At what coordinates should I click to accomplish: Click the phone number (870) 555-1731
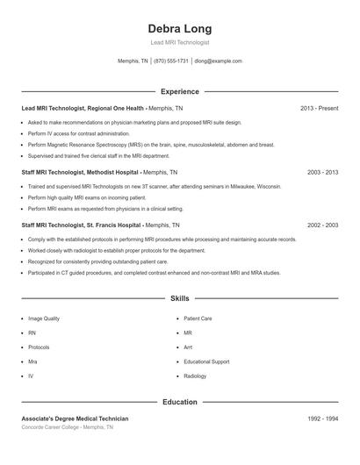pos(171,61)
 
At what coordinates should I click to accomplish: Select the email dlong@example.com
pos(219,61)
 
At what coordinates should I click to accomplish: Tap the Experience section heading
pos(179,91)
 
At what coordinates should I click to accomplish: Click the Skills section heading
pos(179,299)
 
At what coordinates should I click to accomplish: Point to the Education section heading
pos(179,403)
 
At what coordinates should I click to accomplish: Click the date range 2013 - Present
pos(319,108)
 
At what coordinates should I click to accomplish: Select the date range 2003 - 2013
pos(323,173)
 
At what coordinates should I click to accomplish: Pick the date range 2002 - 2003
pos(323,225)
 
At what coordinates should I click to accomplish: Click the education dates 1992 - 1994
pos(323,419)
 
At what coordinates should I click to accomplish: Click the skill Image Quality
pos(44,318)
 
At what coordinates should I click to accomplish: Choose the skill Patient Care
pos(198,318)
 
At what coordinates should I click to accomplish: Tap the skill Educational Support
pos(206,361)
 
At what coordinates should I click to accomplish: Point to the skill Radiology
pos(195,376)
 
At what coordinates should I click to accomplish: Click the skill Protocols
pos(39,347)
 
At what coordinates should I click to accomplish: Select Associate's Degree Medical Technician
pos(75,419)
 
